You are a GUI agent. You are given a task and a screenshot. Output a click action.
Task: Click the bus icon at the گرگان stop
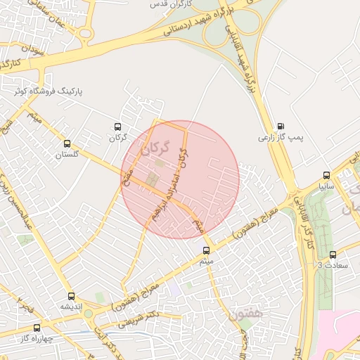117,127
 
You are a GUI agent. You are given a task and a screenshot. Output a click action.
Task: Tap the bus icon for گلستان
67,143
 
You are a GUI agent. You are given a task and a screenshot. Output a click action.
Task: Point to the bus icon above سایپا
326,175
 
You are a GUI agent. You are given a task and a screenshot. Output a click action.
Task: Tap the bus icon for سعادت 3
333,255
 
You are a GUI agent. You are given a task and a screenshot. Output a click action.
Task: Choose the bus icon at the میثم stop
206,250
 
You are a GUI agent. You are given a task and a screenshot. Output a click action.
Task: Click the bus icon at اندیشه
71,296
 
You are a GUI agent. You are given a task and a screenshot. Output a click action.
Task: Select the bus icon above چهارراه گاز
37,328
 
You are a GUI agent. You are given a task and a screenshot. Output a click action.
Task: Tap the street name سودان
32,50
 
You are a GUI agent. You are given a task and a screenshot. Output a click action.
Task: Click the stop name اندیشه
72,307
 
